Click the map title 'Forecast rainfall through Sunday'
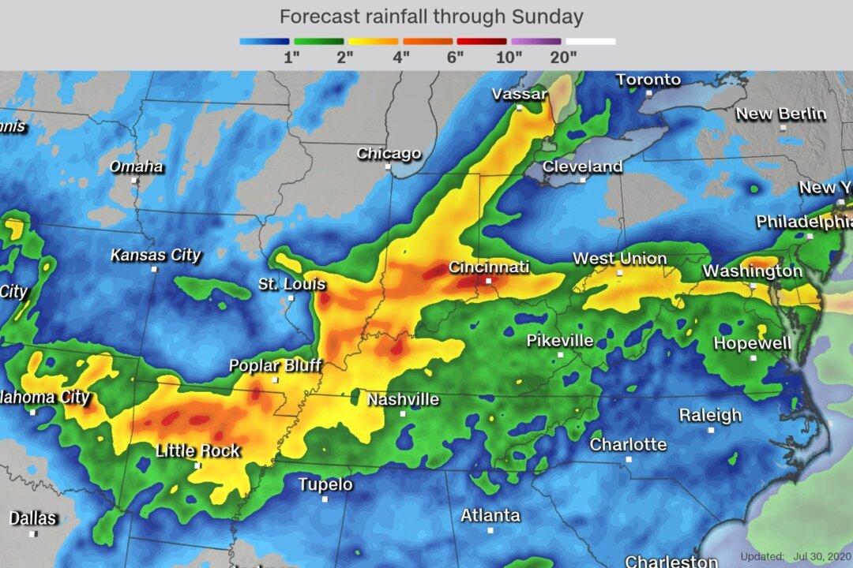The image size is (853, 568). [x=430, y=17]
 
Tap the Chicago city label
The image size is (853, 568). [x=389, y=153]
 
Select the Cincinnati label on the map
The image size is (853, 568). [x=488, y=267]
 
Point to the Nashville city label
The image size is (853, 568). [x=403, y=399]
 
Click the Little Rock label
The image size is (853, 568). [x=197, y=450]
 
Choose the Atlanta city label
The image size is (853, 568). [x=490, y=515]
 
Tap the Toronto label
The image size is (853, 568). [x=648, y=80]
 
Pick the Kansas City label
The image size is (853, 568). [x=156, y=255]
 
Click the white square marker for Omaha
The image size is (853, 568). [x=134, y=180]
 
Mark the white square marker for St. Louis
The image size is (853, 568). [x=291, y=297]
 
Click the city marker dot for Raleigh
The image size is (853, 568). [x=711, y=430]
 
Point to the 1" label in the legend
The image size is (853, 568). [x=291, y=57]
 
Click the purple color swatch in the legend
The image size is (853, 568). [x=536, y=41]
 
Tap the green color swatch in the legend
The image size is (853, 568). [x=318, y=41]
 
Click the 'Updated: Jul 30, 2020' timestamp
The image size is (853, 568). [x=795, y=556]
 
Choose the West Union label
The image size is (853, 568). [x=619, y=259]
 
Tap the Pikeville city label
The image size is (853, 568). [x=560, y=341]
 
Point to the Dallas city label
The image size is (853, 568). [x=33, y=518]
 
